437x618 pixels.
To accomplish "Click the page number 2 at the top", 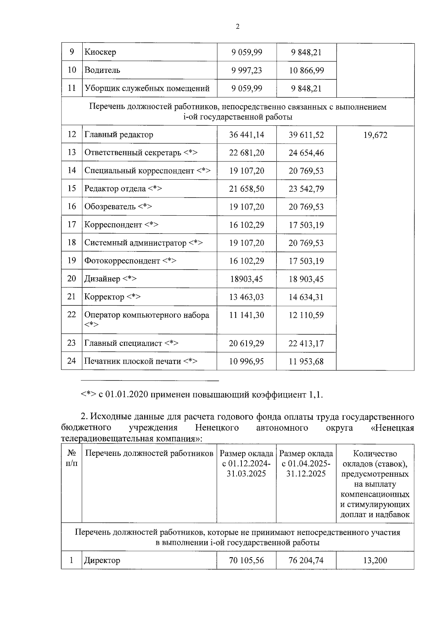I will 237,26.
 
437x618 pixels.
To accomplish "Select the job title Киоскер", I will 100,52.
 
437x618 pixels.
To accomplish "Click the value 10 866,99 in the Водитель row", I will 306,70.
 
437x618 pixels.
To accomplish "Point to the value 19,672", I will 375,135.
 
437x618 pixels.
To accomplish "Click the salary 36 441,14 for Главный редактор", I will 247,135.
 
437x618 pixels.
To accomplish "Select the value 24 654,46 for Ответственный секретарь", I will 306,153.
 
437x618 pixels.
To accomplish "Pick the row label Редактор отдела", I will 115,189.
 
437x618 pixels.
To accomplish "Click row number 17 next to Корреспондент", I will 72,224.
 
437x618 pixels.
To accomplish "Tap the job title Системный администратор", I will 135,243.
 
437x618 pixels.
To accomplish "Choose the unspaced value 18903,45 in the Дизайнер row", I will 247,279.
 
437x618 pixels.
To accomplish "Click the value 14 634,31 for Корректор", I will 306,297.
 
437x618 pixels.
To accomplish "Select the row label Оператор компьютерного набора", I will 147,315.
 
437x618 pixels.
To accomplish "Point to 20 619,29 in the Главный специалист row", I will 247,343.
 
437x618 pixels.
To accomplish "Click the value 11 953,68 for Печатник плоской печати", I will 306,361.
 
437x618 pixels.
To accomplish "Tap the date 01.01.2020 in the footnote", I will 126,395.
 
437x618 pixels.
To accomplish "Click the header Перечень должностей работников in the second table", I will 149,454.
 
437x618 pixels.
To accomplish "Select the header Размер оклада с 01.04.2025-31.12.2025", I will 306,463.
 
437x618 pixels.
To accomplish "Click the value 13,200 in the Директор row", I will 375,560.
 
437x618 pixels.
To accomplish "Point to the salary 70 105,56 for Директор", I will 247,560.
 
